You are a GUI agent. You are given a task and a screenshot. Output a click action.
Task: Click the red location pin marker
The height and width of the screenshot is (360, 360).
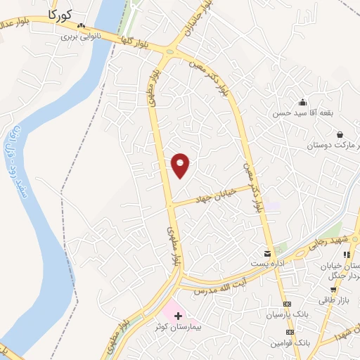[x=181, y=165]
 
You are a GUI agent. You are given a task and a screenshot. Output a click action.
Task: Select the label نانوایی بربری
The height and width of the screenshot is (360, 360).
[x=82, y=36]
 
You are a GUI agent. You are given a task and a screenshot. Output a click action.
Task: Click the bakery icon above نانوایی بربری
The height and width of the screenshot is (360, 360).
[x=82, y=27]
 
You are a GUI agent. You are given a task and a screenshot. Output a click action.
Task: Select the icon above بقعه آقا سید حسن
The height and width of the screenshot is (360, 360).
[x=303, y=103]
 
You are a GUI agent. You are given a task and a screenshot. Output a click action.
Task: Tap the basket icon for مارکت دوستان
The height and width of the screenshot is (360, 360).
[x=340, y=134]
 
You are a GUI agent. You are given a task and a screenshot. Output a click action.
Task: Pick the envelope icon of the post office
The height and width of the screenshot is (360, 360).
[x=267, y=253]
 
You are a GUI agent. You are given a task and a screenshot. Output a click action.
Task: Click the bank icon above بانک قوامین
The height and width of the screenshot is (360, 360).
[x=287, y=331]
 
